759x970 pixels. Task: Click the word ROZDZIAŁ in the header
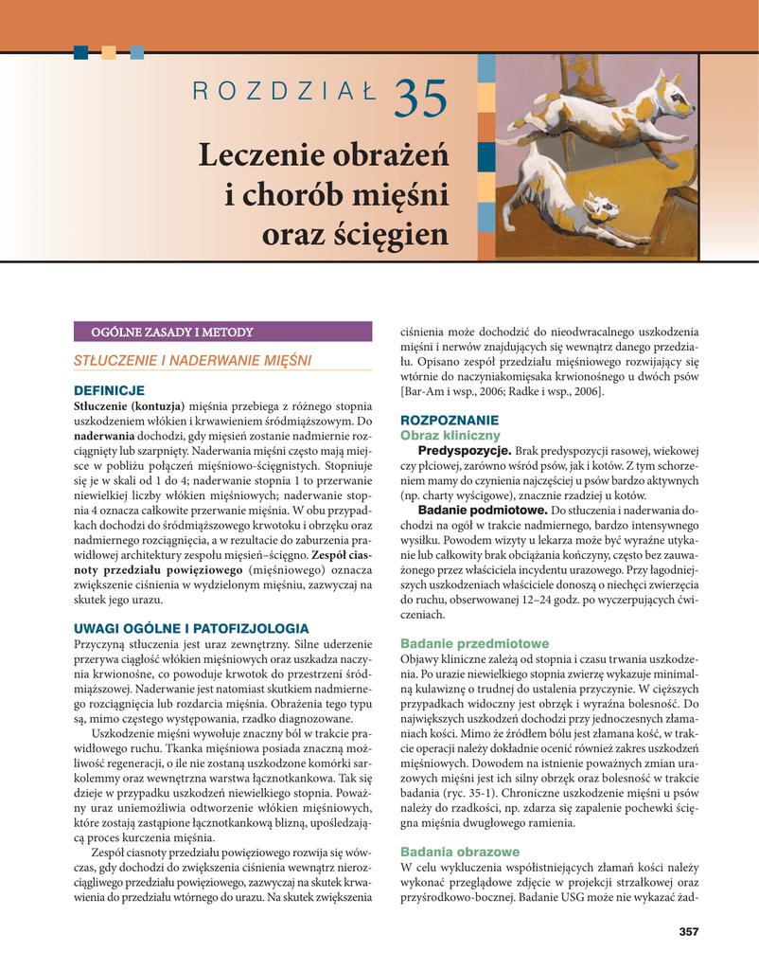point(284,92)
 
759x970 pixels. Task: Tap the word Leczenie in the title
point(263,155)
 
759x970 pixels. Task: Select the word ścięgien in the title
point(387,233)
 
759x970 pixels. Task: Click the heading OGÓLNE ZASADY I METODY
point(171,332)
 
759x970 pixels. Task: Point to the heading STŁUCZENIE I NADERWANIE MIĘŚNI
point(193,360)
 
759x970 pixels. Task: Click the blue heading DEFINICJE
point(109,389)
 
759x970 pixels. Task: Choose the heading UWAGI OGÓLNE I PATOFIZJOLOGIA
point(190,627)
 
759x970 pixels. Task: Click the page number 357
point(688,932)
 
